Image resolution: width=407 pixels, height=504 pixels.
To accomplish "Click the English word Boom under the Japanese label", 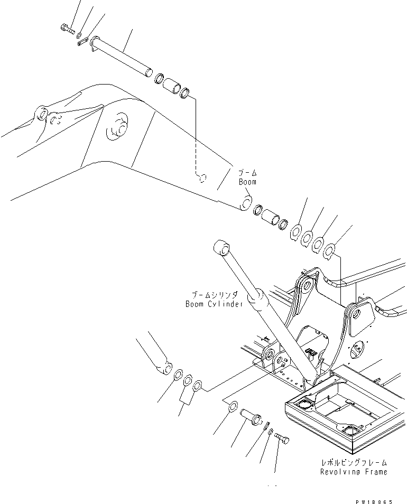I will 247,182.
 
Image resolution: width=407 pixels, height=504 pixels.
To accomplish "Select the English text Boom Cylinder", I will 214,304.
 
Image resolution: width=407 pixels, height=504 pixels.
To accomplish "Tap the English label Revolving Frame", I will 353,472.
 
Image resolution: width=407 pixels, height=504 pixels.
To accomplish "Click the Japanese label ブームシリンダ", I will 215,295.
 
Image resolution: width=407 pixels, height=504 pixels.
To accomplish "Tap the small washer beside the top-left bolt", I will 79,36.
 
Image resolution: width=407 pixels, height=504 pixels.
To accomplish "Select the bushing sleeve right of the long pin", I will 171,86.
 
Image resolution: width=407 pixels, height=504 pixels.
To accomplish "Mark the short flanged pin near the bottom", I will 250,415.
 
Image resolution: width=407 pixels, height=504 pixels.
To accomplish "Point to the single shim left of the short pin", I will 232,407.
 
